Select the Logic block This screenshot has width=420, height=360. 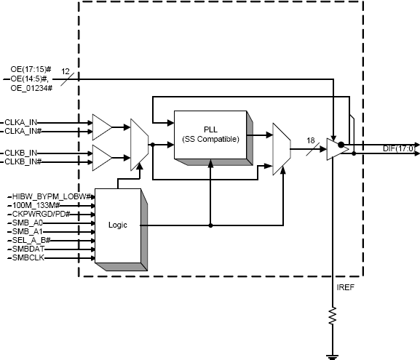(117, 225)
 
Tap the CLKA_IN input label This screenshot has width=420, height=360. (23, 121)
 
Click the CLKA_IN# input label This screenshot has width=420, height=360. (25, 131)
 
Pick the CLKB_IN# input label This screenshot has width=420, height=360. (25, 161)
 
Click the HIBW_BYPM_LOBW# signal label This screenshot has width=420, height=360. (51, 196)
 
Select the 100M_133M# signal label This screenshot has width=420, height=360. (36, 207)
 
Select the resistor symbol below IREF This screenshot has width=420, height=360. (333, 317)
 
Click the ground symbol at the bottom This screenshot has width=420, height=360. (333, 355)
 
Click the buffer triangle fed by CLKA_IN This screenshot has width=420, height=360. (100, 126)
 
